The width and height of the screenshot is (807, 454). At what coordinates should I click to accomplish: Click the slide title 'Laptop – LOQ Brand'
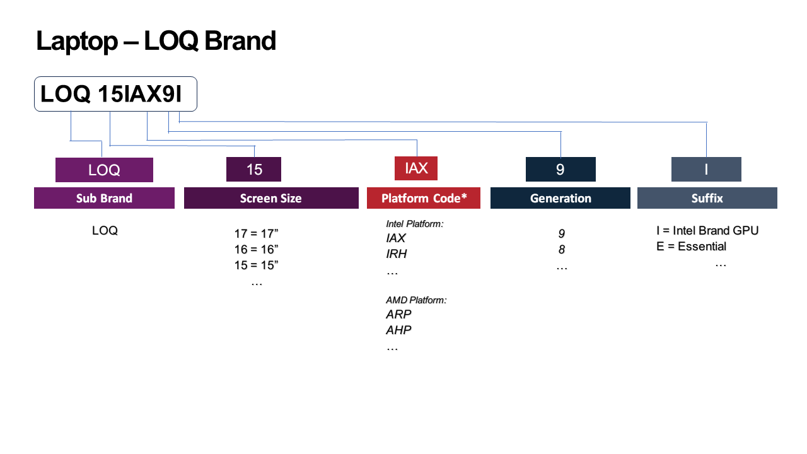click(156, 41)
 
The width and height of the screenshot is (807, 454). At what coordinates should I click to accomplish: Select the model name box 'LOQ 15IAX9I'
click(115, 94)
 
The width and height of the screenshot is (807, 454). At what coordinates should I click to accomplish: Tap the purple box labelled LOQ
click(104, 170)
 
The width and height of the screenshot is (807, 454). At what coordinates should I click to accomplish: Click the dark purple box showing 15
click(253, 170)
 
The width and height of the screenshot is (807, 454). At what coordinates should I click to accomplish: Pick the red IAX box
click(415, 168)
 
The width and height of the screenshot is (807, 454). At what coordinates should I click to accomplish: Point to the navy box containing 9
click(560, 170)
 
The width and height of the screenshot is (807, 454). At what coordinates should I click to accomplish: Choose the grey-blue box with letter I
click(705, 170)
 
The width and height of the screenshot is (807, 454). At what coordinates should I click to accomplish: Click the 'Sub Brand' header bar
click(104, 198)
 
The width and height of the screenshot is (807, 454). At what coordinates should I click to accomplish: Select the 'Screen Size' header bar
click(270, 198)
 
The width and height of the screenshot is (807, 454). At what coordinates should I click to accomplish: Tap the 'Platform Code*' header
click(424, 198)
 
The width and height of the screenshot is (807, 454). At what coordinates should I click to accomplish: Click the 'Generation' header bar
click(560, 198)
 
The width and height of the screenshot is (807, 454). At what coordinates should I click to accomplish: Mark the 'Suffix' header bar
click(707, 198)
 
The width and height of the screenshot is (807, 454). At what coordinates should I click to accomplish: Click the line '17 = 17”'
click(256, 234)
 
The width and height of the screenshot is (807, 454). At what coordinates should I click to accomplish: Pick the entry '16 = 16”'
click(256, 250)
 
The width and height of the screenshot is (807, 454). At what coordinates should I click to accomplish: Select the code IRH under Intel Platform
click(397, 254)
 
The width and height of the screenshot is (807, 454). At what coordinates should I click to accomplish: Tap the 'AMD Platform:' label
click(416, 300)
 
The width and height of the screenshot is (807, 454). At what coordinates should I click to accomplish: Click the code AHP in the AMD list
click(398, 330)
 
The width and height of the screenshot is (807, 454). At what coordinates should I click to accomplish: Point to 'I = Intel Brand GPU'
click(707, 231)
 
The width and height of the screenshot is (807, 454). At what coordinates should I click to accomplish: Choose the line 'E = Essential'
click(691, 247)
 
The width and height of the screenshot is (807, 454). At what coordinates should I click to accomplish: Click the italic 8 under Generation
click(561, 250)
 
